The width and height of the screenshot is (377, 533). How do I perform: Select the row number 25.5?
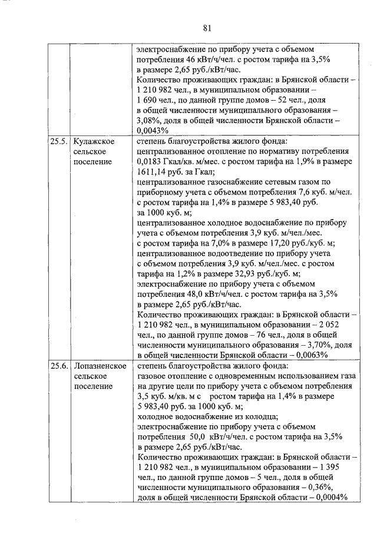tap(59, 141)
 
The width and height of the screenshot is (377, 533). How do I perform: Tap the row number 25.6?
tap(59, 366)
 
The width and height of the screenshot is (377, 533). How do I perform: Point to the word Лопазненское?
tap(100, 366)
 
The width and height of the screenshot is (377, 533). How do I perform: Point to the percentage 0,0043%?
tap(153, 130)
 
